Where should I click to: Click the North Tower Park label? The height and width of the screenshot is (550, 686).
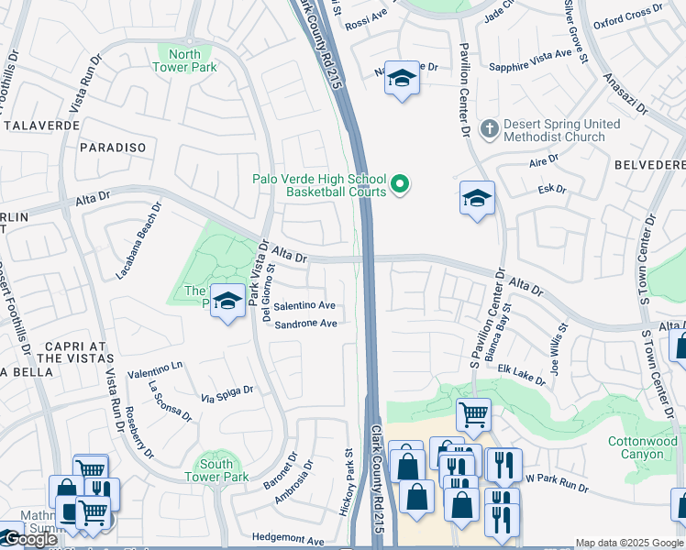coord(184,60)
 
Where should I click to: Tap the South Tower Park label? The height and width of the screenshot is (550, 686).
coord(216,470)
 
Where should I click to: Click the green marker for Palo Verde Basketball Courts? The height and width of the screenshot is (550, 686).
coord(400,185)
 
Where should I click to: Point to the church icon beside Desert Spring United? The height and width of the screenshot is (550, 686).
coord(490,129)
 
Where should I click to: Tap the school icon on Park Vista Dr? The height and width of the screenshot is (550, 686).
coord(227,302)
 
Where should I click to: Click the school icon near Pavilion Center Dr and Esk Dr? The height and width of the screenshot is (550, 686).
coord(477,199)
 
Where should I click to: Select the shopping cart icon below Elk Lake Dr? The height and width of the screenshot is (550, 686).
coord(473,414)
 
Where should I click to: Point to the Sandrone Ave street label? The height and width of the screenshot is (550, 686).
coord(306,324)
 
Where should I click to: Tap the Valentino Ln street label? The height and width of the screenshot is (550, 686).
coord(155,373)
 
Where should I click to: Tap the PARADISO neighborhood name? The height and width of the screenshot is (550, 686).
coord(113,147)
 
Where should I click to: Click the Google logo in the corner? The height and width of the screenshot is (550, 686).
coord(30,539)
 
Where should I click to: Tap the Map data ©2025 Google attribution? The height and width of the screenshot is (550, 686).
coord(629,543)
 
